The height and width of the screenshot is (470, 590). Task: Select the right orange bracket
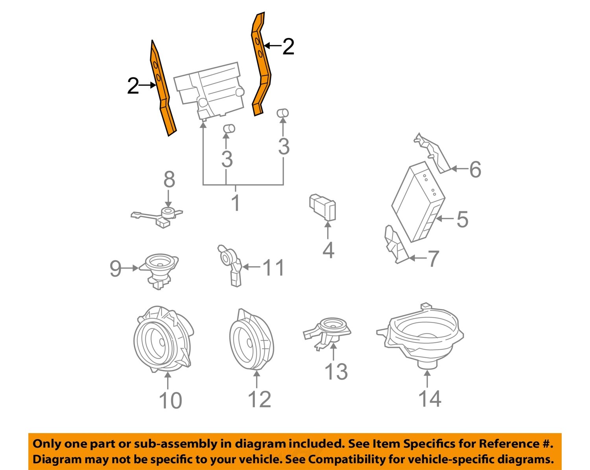(x=260, y=63)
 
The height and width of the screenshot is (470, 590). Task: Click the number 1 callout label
(x=235, y=203)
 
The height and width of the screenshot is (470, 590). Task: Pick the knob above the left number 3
(x=229, y=129)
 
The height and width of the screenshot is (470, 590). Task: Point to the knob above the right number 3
(x=283, y=113)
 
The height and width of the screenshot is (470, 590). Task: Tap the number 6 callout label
(x=475, y=170)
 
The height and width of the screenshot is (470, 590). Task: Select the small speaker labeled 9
(x=159, y=269)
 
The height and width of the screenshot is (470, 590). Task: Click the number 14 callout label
(x=430, y=399)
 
